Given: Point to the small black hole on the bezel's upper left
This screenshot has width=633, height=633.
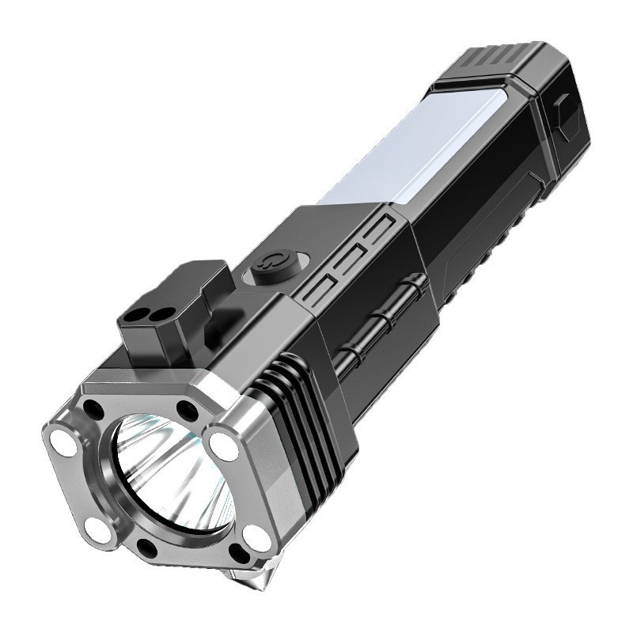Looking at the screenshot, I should pos(94,410).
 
